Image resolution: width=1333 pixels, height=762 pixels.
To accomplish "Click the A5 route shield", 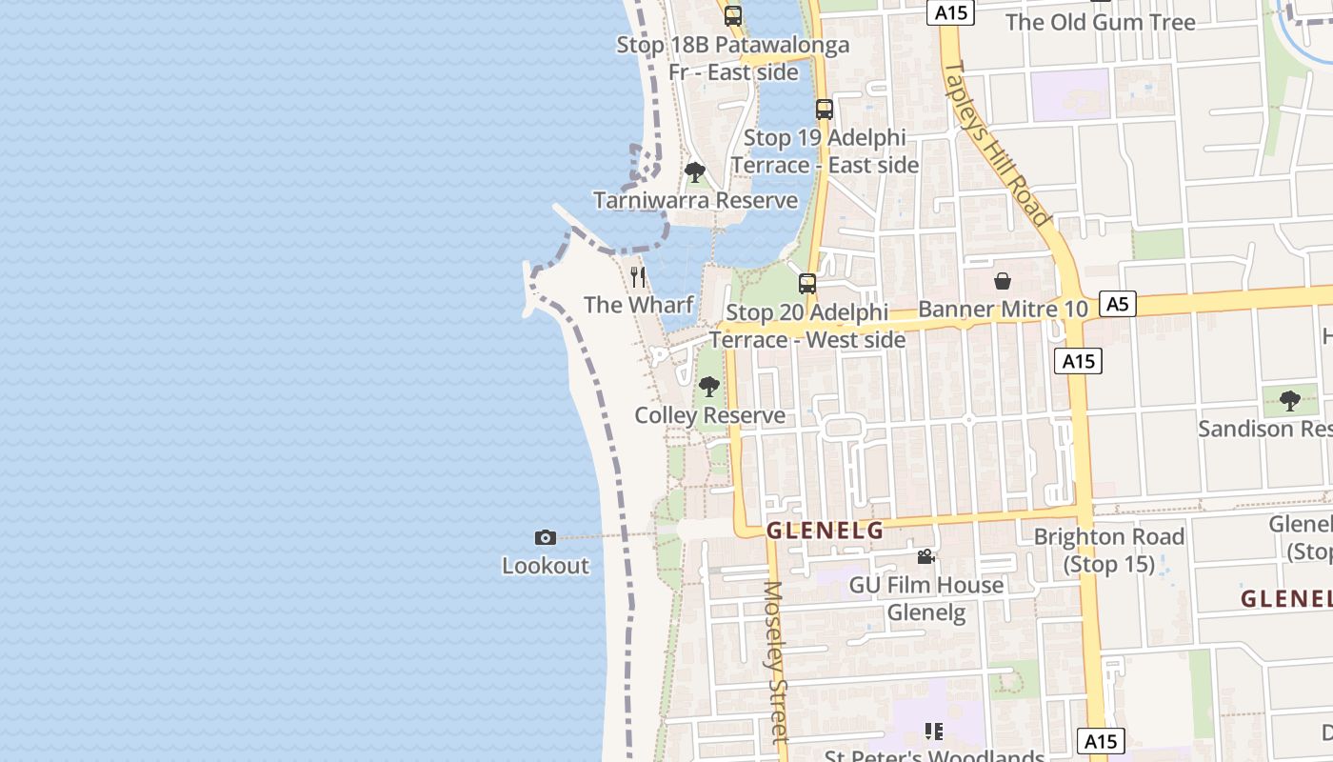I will (1118, 304).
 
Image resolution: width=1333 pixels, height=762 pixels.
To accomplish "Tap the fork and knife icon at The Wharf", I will (638, 277).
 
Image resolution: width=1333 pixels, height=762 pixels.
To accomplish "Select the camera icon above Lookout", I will (546, 538).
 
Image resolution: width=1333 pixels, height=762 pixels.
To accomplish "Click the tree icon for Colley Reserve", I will (708, 387).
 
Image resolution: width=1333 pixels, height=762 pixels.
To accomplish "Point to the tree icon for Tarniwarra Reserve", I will (695, 172).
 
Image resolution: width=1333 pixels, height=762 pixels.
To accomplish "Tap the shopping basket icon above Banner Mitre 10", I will (1003, 281).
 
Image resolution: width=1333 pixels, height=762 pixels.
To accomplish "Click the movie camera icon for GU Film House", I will (925, 556).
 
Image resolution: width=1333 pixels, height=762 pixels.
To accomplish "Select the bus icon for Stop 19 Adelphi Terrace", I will (825, 110).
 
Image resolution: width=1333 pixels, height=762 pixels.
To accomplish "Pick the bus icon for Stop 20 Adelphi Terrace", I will (807, 283).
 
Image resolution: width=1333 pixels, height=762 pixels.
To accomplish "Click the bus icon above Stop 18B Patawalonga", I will (732, 15).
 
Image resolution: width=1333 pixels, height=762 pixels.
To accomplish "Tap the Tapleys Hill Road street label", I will (996, 144).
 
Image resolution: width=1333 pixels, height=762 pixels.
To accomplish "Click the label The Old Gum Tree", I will (1100, 22).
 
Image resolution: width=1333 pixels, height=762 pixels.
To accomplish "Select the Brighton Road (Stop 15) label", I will (1109, 551).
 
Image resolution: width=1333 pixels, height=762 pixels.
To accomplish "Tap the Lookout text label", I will (546, 566).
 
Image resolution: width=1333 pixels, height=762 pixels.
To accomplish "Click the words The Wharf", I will (638, 305).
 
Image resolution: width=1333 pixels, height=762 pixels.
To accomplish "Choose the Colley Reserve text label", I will (709, 415).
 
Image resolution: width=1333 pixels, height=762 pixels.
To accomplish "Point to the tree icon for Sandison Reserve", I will (1290, 400).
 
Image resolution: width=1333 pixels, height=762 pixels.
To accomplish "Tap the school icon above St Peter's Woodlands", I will (934, 732).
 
